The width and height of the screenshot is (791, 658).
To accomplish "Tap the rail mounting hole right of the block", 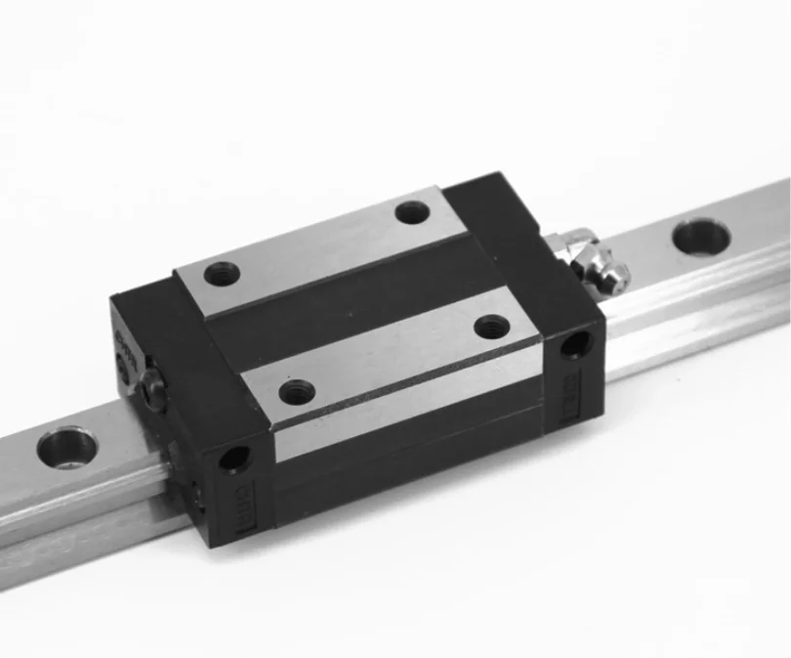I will [x=700, y=236].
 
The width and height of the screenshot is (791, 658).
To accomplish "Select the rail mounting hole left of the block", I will [x=66, y=449].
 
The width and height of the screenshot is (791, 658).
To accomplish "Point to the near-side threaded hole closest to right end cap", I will [x=491, y=327].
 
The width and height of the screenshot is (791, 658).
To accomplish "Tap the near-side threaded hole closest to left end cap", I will [x=297, y=392].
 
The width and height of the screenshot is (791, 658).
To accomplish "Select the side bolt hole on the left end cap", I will [x=234, y=456].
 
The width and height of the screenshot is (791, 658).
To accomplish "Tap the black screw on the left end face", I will [x=152, y=390].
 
